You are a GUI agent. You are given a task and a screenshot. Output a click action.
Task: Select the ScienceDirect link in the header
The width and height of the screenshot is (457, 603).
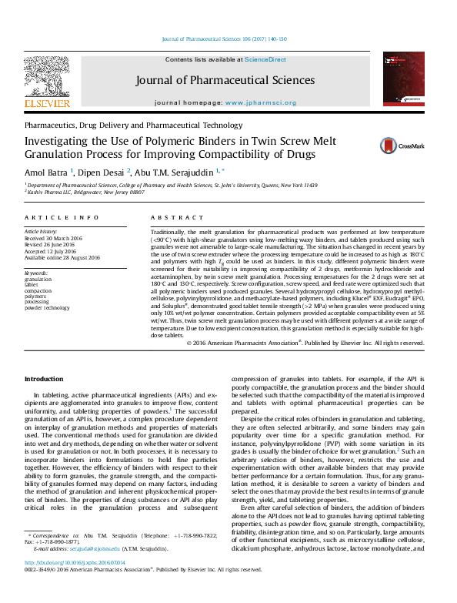pyautogui.click(x=265, y=59)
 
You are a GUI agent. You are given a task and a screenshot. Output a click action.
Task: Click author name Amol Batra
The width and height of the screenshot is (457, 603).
pyautogui.click(x=46, y=171)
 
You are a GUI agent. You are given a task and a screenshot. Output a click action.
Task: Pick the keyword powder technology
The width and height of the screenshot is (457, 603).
pyautogui.click(x=52, y=308)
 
